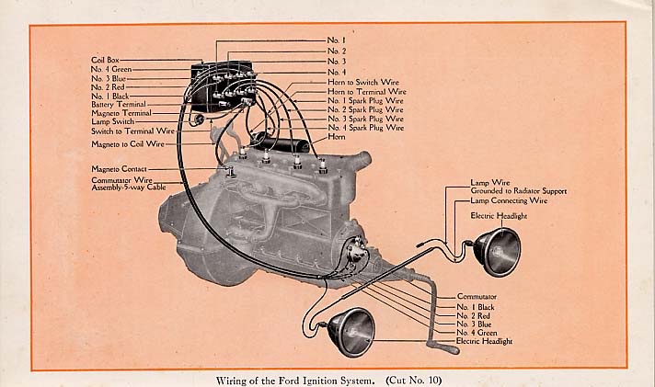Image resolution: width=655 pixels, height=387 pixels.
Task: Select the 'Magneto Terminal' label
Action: click(120, 113)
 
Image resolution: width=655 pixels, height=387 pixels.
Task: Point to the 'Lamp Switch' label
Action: click(112, 122)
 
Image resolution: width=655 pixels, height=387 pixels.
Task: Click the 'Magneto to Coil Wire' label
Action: click(128, 144)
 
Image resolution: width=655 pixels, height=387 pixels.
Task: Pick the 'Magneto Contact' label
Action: click(118, 169)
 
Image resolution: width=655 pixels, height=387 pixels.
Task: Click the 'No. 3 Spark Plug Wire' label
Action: click(366, 119)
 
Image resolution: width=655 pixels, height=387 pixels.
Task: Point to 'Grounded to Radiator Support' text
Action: click(518, 191)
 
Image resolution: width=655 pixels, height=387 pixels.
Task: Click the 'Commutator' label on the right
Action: click(477, 296)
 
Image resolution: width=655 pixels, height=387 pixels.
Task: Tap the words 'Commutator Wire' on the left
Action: click(122, 179)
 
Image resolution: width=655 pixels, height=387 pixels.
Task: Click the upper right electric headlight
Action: click(498, 251)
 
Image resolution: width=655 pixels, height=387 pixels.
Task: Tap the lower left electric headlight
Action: click(351, 332)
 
